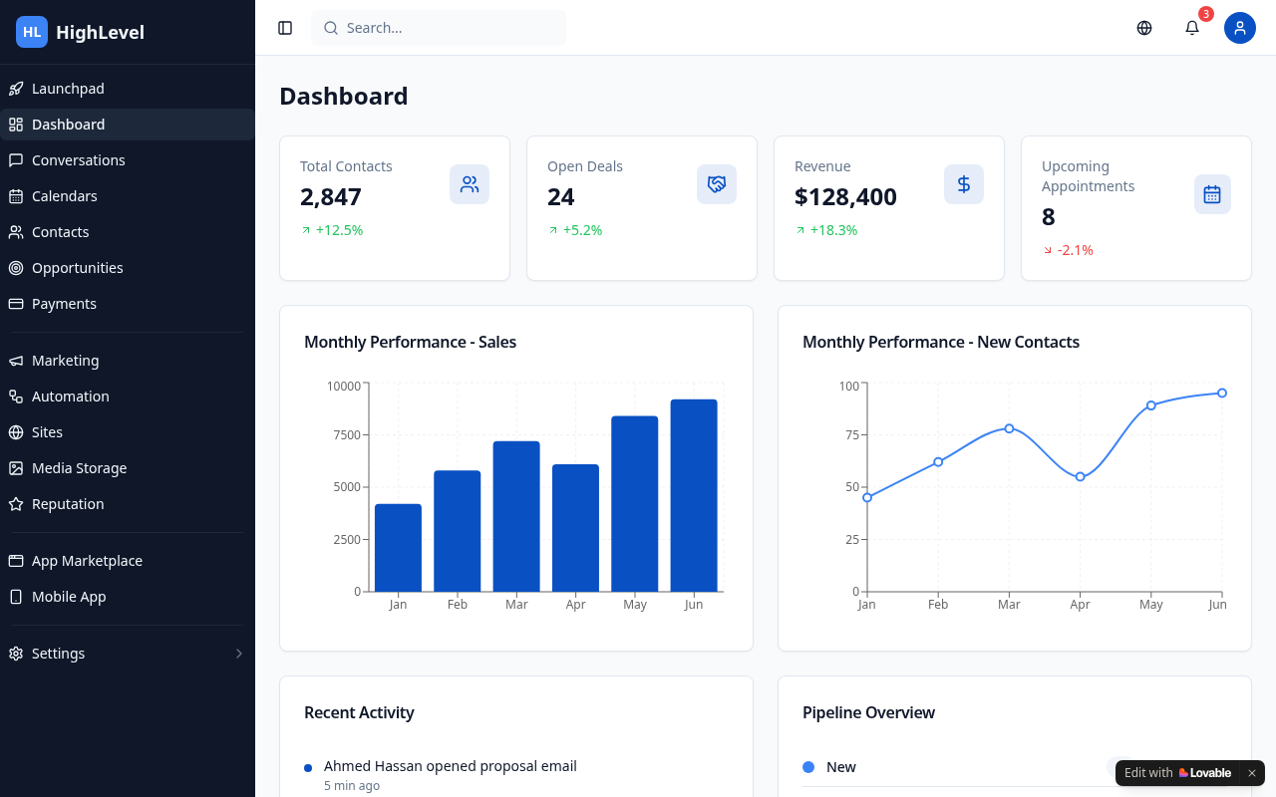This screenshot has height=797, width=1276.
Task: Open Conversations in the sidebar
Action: (x=78, y=160)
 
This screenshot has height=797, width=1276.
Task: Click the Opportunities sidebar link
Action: (x=77, y=268)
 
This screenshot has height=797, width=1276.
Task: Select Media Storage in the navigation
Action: (x=79, y=468)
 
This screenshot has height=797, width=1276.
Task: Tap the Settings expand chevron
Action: (x=238, y=654)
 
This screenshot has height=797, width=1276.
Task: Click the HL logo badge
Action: (x=32, y=32)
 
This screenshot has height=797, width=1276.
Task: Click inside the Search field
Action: (x=438, y=28)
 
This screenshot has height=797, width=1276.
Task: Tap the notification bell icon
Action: (x=1191, y=28)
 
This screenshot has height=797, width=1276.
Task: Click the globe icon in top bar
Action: (x=1143, y=28)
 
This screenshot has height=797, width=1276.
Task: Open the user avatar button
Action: (x=1239, y=28)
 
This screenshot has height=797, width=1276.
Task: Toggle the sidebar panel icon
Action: (x=285, y=28)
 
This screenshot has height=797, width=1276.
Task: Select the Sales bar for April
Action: (x=575, y=528)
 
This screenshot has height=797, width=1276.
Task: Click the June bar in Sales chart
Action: (x=693, y=496)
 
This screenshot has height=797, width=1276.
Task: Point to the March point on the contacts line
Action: (x=1009, y=428)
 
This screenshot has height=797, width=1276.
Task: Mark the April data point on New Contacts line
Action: (x=1080, y=477)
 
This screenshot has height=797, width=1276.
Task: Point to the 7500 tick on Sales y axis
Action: (x=347, y=435)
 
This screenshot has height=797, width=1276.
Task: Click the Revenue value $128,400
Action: (x=845, y=197)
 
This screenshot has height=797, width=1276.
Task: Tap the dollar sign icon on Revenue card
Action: (x=963, y=184)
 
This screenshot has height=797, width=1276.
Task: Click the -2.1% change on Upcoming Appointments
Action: (x=1075, y=250)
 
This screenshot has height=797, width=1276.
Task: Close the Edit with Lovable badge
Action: (x=1251, y=773)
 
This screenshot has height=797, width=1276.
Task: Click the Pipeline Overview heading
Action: (x=868, y=712)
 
